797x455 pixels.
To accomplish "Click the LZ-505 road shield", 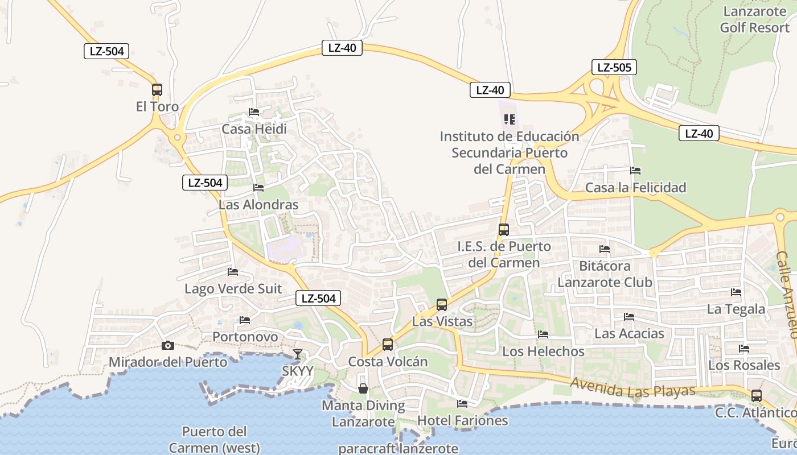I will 614,68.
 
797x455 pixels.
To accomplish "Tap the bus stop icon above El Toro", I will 157,90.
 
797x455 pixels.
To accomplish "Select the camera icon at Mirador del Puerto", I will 167,345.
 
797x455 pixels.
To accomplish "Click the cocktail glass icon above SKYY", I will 297,354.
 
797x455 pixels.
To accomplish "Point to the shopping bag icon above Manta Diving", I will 363,388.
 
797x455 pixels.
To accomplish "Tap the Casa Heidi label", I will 254,129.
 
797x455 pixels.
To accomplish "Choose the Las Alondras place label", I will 258,205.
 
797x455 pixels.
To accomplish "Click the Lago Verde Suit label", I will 233,289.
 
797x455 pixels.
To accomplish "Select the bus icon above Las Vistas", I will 442,305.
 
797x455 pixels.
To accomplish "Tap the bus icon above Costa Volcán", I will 388,345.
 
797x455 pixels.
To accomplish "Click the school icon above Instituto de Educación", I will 510,119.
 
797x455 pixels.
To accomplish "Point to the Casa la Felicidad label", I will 636,188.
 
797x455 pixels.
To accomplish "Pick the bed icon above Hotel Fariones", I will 462,404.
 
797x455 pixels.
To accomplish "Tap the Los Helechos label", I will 543,351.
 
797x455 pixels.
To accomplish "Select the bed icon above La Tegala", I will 736,292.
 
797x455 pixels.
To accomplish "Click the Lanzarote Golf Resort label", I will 755,19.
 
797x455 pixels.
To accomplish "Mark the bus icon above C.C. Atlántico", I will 757,396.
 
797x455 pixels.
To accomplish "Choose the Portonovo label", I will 245,337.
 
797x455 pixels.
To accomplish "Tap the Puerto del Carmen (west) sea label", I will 214,440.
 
